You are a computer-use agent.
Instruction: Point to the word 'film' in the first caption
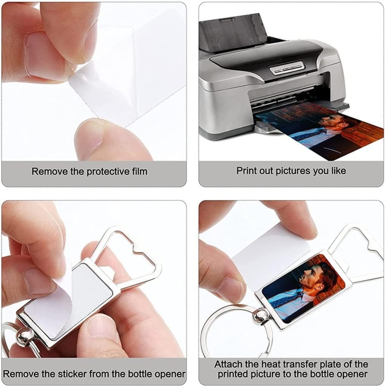[x=138, y=171]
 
